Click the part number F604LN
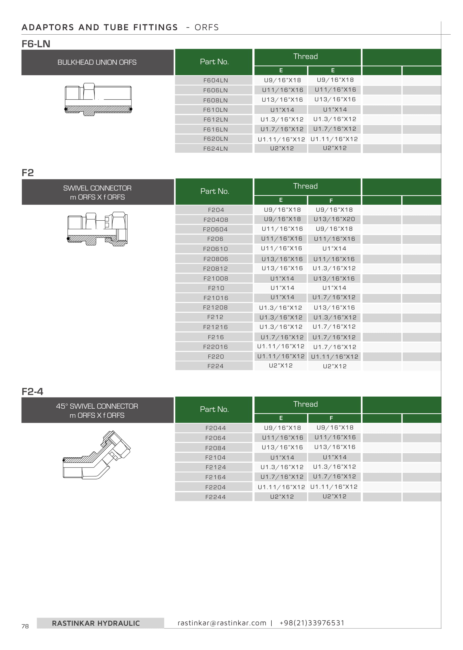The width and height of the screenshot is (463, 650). point(215,80)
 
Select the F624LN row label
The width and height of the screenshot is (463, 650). point(215,149)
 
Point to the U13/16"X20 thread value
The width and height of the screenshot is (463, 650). point(334,219)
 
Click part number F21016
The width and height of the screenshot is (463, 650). point(216,298)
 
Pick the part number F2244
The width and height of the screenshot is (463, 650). point(215,497)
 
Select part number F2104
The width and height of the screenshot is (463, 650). point(215,458)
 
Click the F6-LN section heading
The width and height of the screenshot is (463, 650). point(36,44)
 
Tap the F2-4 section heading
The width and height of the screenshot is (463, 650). point(32,391)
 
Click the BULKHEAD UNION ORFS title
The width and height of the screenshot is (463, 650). point(97,62)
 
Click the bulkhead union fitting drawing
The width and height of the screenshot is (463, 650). point(98,99)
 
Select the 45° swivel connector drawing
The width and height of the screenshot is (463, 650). point(96,455)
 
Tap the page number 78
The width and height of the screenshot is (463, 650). point(25,626)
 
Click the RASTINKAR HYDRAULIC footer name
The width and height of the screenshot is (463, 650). point(96,623)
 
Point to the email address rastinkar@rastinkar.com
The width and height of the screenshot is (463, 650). point(222,623)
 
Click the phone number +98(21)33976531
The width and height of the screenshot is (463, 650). point(312,623)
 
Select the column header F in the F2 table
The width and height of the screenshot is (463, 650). point(331,201)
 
